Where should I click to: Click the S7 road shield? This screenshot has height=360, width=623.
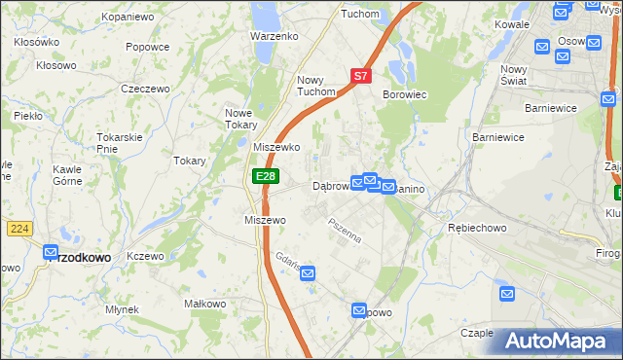point(360,75)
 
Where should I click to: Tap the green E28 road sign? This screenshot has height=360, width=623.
point(266,176)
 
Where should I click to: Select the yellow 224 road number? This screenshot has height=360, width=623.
point(18,228)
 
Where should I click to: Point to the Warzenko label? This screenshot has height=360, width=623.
point(274,36)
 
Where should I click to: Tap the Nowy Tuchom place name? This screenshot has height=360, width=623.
point(316,86)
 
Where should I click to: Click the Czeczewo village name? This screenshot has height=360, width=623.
point(145,89)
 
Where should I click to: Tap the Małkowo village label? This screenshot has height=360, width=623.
point(204,305)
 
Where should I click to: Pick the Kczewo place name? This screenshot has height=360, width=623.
point(145,256)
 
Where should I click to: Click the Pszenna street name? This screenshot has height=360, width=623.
point(346,232)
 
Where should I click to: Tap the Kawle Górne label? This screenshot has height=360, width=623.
point(67,174)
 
